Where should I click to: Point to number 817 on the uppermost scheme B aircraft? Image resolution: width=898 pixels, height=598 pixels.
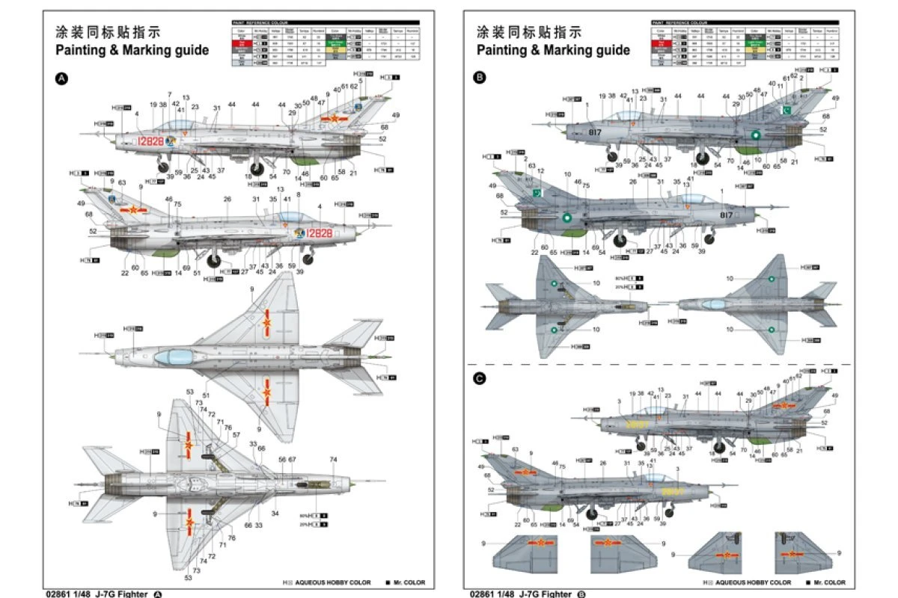point(595,132)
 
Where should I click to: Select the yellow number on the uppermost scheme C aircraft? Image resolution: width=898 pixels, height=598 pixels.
point(638,424)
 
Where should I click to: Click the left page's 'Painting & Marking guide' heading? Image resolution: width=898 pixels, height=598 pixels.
point(132,50)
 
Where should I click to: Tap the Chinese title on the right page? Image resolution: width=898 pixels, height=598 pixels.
point(528,32)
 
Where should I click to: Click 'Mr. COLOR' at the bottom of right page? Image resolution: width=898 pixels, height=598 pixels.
point(826,582)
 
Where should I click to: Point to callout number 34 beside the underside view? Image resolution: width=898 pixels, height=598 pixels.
point(275,514)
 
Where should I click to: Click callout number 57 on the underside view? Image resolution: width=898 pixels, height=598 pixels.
point(236,434)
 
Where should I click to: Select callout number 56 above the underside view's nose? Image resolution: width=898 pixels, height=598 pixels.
point(282,460)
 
